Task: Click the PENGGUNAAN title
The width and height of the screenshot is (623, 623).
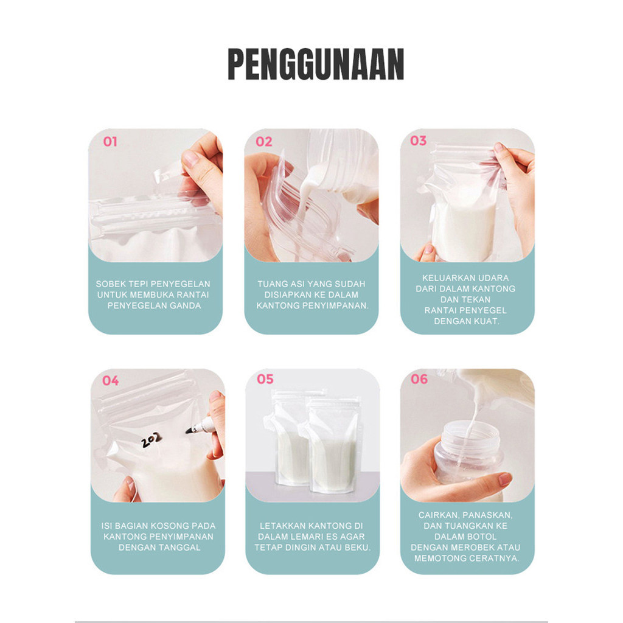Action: [316, 64]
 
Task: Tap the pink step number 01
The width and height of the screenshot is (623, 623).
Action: [110, 142]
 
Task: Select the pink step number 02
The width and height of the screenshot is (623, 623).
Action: [264, 142]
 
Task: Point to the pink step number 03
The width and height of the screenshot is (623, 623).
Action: [419, 141]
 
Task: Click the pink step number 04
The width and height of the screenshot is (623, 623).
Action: [111, 381]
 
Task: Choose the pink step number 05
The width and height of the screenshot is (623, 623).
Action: [265, 379]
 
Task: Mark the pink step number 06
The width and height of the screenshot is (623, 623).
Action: [419, 379]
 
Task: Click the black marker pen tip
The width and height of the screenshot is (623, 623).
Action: [187, 431]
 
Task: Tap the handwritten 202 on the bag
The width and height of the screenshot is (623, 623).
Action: [151, 439]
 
